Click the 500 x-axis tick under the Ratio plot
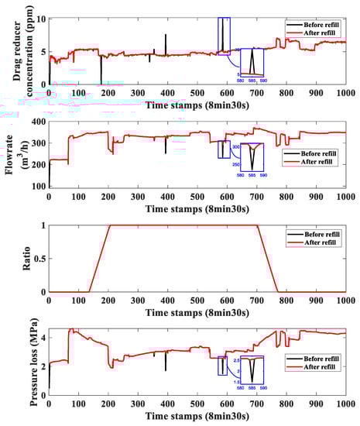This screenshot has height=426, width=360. tap(197, 301)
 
